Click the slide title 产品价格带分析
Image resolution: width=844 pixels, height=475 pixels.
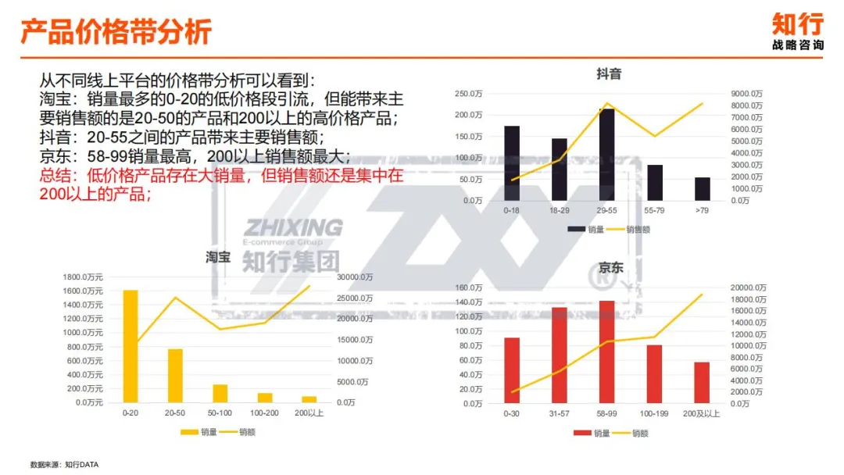pyautogui.click(x=116, y=33)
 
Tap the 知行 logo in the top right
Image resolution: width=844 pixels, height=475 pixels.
pyautogui.click(x=797, y=30)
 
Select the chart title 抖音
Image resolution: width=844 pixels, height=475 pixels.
pyautogui.click(x=609, y=74)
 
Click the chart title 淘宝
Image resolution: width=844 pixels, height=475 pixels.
pyautogui.click(x=218, y=256)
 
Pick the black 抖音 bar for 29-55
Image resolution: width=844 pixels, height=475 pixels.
pyautogui.click(x=607, y=154)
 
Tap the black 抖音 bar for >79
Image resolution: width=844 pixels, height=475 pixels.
pyautogui.click(x=703, y=188)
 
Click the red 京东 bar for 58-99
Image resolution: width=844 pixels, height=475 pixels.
pyautogui.click(x=607, y=352)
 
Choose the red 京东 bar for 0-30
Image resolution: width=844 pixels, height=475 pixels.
pyautogui.click(x=512, y=370)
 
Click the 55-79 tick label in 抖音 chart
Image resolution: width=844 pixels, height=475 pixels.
pyautogui.click(x=655, y=211)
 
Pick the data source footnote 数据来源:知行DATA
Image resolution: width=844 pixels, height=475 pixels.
pyautogui.click(x=65, y=464)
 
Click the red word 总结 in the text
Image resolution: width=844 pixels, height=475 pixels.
pyautogui.click(x=53, y=176)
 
